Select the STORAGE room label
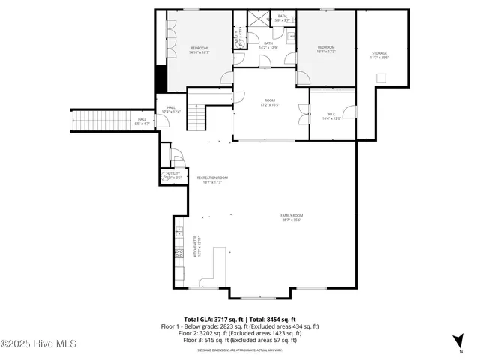tap(379, 55)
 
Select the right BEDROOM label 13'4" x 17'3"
tap(326, 49)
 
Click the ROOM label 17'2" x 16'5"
tap(269, 102)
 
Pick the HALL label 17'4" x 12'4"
tap(171, 109)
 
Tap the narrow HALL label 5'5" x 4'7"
tap(142, 121)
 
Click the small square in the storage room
tap(382, 77)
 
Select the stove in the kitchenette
tap(179, 253)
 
